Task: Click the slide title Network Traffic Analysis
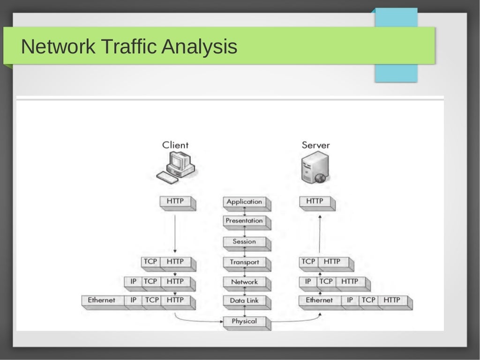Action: [x=129, y=47]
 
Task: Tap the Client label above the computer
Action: [x=175, y=145]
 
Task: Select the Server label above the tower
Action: [x=315, y=145]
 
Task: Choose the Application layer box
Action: [x=244, y=202]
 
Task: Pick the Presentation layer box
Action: [x=244, y=221]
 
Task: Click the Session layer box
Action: [x=244, y=242]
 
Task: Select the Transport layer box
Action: [x=244, y=262]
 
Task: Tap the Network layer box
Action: [x=244, y=282]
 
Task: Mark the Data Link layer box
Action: [x=244, y=300]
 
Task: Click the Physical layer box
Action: [x=244, y=322]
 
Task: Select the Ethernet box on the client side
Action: [x=102, y=300]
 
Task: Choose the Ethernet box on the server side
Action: [x=319, y=300]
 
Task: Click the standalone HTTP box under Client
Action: [x=175, y=202]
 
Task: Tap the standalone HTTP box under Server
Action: [x=315, y=202]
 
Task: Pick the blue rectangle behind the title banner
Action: [x=396, y=73]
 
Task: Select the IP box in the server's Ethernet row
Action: [x=350, y=300]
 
